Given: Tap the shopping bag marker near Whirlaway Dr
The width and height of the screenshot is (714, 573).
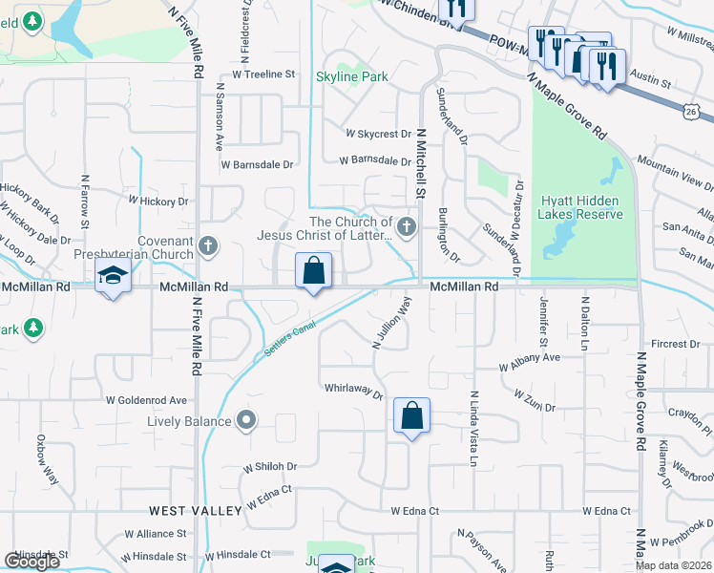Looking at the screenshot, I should tap(411, 416).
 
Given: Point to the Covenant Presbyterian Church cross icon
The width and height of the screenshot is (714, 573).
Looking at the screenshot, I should tap(207, 247).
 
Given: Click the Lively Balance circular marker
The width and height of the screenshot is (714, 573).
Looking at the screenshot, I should tap(247, 419).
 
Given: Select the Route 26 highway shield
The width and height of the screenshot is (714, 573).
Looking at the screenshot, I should tap(690, 112).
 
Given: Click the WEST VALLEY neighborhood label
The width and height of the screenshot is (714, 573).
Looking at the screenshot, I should tap(196, 512).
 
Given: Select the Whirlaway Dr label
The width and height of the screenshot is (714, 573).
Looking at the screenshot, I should tap(353, 392).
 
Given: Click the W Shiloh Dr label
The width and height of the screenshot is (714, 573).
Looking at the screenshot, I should tap(270, 467).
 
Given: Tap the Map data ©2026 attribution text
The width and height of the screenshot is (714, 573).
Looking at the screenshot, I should tap(672, 565).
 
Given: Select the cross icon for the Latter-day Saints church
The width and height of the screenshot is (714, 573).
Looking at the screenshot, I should tap(407, 226).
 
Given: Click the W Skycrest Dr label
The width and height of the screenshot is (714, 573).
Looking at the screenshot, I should tap(378, 135).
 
